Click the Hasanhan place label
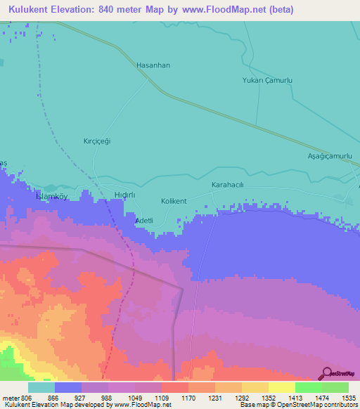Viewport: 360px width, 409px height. click(153, 65)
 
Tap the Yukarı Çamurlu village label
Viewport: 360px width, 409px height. click(266, 81)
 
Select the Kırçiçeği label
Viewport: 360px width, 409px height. click(98, 141)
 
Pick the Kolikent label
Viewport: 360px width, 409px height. click(174, 201)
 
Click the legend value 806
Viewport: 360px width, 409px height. click(27, 397)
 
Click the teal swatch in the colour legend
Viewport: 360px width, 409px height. click(41, 387)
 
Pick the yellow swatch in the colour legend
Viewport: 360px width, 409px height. click(281, 387)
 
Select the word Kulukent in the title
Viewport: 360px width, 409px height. click(32, 10)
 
